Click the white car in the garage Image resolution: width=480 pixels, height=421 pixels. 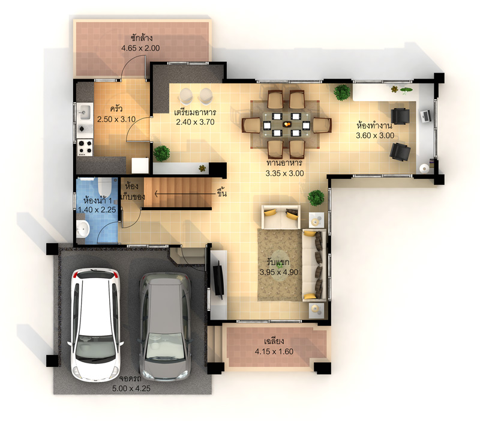pos(95,325)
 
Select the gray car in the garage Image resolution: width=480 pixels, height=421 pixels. pos(164,327)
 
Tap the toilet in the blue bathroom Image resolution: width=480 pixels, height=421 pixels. pos(104,187)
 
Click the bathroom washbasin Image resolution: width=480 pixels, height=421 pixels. pos(83,229)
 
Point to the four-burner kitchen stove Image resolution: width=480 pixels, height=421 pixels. pos(85,147)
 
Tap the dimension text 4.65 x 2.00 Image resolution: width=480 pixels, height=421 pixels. pos(140,48)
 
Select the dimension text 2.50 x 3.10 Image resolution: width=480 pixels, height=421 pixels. pos(116,119)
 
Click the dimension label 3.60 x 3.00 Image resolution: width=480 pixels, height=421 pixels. pos(375,136)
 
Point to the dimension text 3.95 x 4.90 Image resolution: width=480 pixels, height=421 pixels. pos(279,272)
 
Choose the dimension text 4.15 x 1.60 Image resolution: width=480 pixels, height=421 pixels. pos(274,351)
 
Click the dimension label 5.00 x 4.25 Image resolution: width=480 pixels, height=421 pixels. pos(131,389)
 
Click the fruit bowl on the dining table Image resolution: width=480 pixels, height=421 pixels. pos(287,124)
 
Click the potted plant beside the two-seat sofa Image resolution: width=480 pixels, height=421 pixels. pos(316,198)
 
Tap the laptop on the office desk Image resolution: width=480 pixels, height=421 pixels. pos(426,116)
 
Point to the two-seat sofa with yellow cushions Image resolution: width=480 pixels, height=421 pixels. pos(281,217)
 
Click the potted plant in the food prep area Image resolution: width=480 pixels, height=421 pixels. pos(161,153)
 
